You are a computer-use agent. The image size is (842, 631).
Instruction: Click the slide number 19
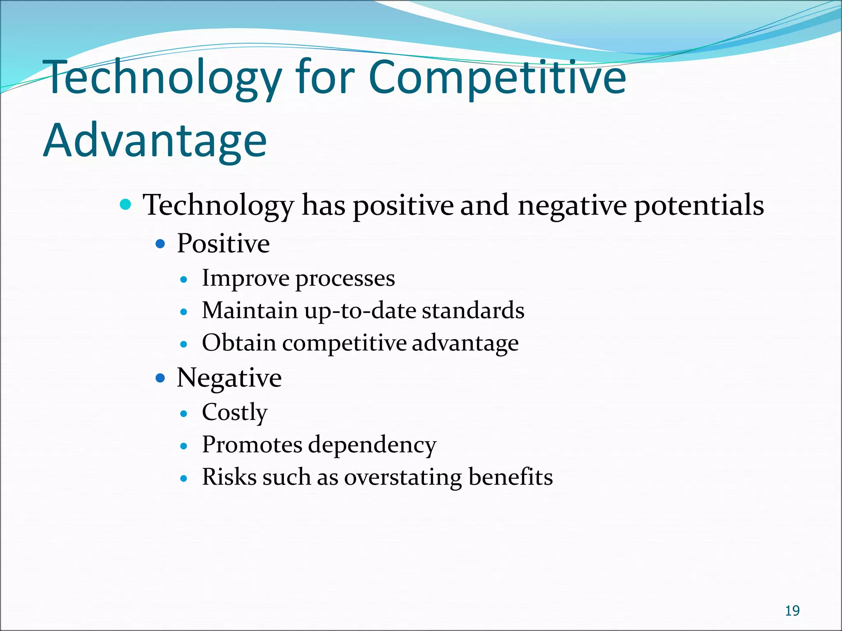[792, 611]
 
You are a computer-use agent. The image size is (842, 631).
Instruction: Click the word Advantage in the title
[155, 141]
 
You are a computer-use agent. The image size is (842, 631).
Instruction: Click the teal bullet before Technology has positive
[125, 204]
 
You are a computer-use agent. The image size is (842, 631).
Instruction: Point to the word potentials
[699, 205]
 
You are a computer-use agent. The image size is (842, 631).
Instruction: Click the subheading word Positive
[223, 244]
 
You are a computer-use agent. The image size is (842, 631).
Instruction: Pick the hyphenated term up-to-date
[360, 311]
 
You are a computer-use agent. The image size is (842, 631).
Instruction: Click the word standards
[473, 310]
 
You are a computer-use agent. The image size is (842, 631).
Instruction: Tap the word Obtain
[239, 343]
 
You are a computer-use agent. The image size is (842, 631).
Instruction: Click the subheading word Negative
[229, 378]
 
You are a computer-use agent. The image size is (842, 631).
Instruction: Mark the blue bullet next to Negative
[160, 378]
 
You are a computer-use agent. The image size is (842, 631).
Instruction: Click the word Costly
[234, 412]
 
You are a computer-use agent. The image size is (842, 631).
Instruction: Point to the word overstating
[403, 478]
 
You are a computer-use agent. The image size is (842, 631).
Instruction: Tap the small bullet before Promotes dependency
[184, 446]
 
